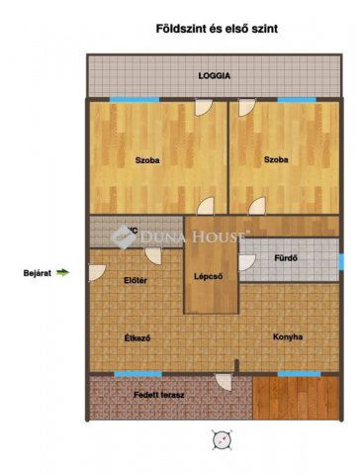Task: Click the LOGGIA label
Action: [214, 75]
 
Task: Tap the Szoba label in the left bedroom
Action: [147, 158]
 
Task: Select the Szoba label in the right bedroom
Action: [276, 158]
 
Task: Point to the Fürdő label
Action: [286, 259]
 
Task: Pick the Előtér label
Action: [135, 281]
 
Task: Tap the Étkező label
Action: [136, 337]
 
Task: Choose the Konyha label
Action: [288, 337]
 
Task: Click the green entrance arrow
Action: [64, 270]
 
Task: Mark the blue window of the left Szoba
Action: [134, 99]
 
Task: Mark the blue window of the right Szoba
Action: [296, 99]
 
